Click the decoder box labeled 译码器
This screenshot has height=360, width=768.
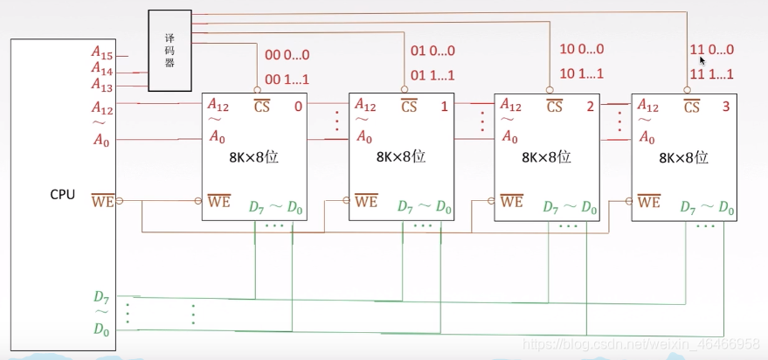tap(170, 51)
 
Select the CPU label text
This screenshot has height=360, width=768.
tap(63, 195)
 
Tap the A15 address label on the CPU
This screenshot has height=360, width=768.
tap(102, 53)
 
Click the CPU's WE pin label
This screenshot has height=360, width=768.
tap(103, 200)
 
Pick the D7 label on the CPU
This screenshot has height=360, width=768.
tap(101, 297)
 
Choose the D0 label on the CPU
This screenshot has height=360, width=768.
tap(101, 329)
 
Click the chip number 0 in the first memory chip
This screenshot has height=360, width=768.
tap(298, 107)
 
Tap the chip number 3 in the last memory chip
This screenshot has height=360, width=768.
tap(726, 107)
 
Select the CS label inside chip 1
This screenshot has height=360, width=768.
tap(409, 106)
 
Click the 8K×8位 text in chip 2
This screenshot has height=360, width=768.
tap(546, 156)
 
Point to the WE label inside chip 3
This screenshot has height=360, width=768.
tap(649, 201)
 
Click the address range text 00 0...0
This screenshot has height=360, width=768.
tap(287, 55)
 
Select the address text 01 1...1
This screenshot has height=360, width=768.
tap(432, 75)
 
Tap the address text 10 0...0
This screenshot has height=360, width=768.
tap(582, 49)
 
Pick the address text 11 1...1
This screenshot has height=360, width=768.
tap(712, 74)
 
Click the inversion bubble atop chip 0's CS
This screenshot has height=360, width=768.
tap(257, 90)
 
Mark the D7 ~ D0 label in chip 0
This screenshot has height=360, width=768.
tap(275, 207)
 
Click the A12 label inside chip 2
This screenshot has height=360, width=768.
tap(510, 106)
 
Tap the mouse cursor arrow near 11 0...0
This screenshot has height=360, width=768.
tap(702, 60)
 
